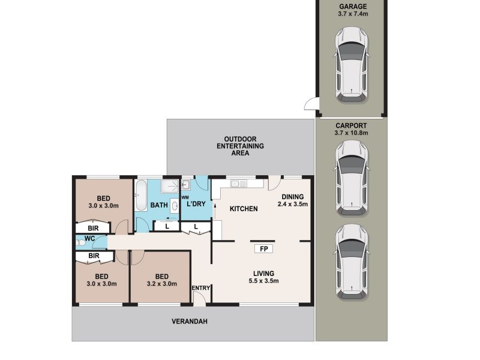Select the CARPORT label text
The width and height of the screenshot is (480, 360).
point(352,125)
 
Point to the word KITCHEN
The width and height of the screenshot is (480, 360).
point(244,209)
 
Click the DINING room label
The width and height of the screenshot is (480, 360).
point(293,197)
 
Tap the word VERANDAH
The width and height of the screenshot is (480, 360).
point(192,322)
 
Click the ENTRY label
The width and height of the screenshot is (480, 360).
point(200,289)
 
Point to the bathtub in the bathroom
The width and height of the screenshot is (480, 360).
point(141,193)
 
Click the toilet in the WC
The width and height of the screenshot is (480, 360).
point(80,242)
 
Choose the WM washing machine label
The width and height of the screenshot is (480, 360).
point(185,197)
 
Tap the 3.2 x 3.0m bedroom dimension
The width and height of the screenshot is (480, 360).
point(160,284)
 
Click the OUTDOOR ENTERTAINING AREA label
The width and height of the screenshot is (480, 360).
point(240,145)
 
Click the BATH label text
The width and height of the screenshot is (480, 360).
point(159,205)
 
